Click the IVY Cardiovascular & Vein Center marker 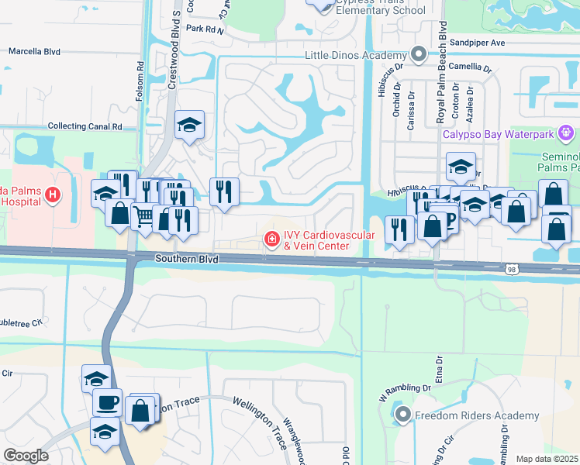point(272,239)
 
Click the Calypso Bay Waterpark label point(497,134)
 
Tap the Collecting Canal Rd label point(85,126)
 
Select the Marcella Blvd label point(34,52)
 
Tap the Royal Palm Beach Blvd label point(441,74)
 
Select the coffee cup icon point(107,401)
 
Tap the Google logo point(26,456)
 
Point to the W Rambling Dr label point(404,387)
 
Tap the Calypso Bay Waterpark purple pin point(568,133)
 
